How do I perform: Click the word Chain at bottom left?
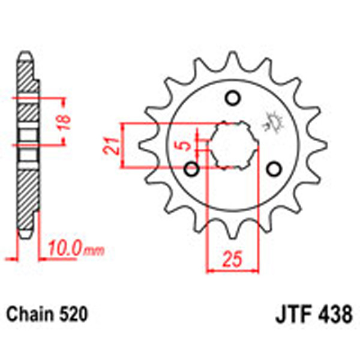(x=31, y=314)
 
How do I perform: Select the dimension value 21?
(x=109, y=146)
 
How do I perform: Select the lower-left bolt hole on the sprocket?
(x=193, y=169)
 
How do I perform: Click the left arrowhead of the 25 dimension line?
(x=209, y=270)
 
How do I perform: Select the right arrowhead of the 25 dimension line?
(x=256, y=270)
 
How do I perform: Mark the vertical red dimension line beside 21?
(x=124, y=146)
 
